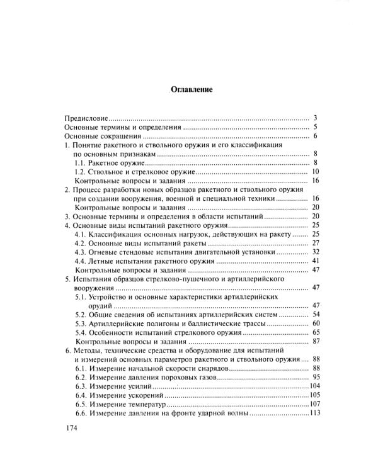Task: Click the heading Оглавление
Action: tap(192, 89)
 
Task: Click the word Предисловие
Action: tap(86, 118)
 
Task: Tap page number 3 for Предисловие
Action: tap(315, 118)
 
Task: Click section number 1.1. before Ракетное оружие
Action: tap(81, 163)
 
